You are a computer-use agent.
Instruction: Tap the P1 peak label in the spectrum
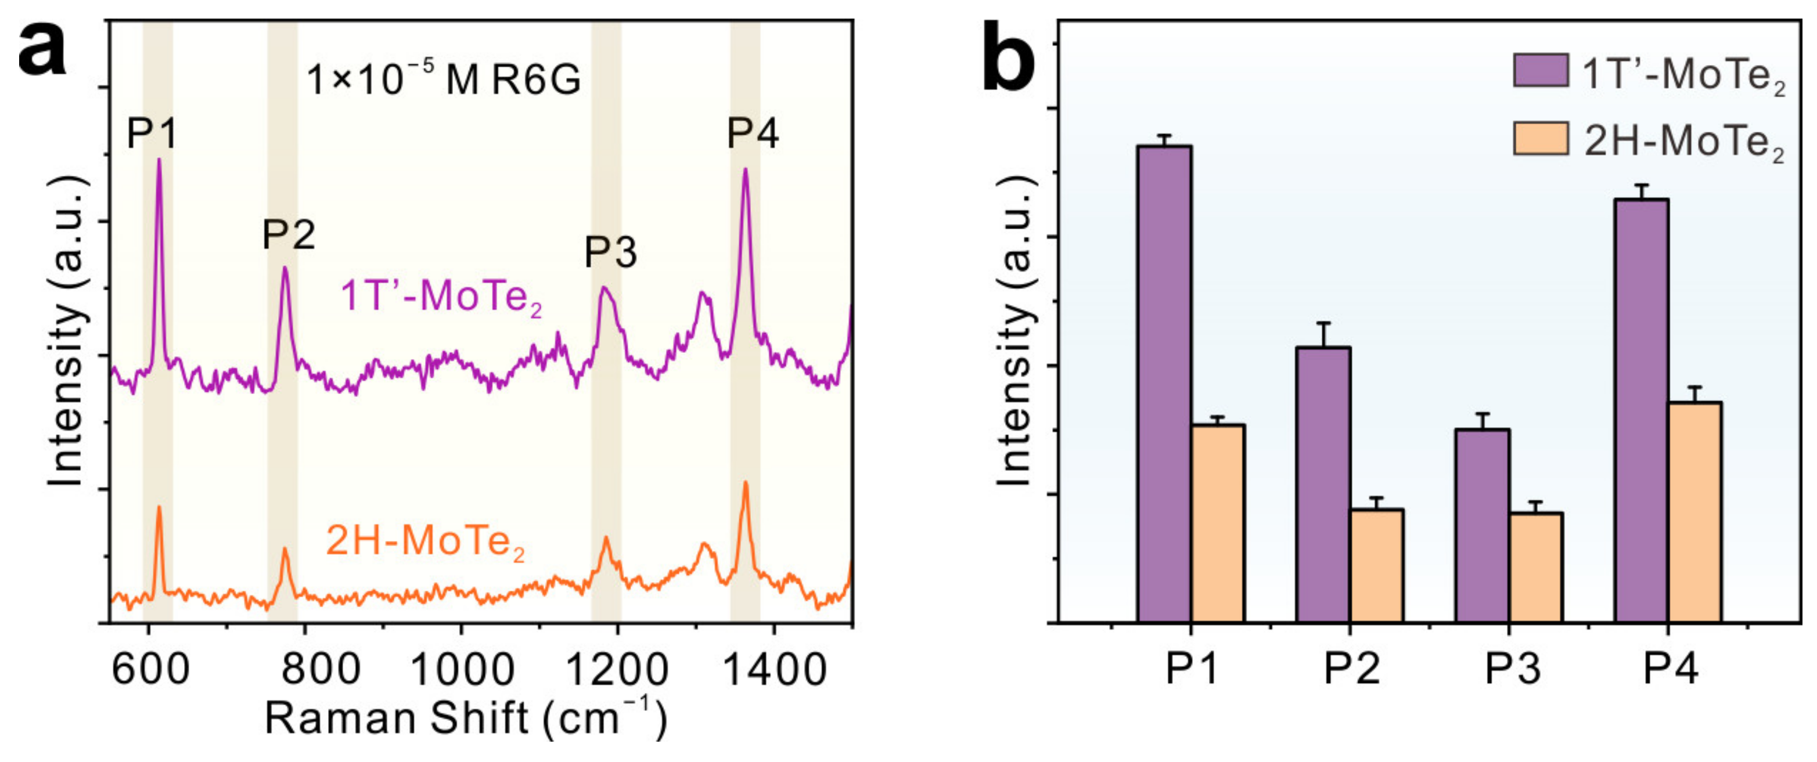pos(151,133)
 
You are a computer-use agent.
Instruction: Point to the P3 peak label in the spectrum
pos(610,252)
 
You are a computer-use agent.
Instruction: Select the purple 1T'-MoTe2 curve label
pos(441,297)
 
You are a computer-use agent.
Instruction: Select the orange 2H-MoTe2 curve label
pos(425,541)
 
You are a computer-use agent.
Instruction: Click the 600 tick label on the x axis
pos(150,668)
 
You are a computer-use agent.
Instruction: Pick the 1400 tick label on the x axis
pos(775,668)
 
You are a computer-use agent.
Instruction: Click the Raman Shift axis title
pos(466,719)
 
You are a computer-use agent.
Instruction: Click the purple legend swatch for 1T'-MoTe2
pos(1541,70)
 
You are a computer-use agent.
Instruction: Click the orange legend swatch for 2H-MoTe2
pos(1541,138)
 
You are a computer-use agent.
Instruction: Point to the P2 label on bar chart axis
pos(1351,667)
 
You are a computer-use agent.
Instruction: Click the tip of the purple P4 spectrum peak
pos(745,169)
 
